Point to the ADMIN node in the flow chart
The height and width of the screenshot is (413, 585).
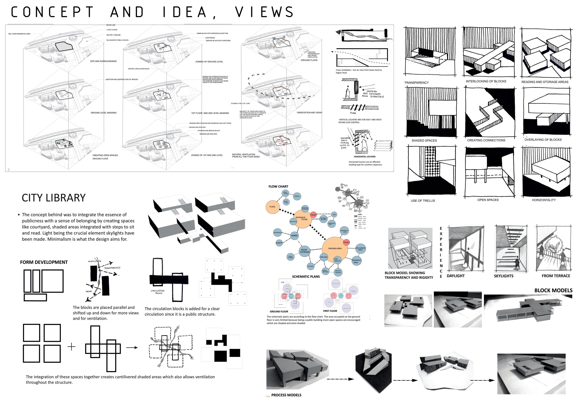point(294,236)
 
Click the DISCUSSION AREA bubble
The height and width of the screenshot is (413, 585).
point(360,249)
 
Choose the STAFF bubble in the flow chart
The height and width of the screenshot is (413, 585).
point(279,243)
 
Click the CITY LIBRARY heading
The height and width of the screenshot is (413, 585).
point(54,198)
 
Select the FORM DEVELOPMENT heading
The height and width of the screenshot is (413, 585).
point(44,262)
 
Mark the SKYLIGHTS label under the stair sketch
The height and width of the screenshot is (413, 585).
point(503,276)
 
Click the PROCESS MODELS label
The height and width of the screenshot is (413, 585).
point(286,395)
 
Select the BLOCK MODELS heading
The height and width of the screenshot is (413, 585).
point(553,291)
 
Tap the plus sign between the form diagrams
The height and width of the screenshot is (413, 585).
point(72,347)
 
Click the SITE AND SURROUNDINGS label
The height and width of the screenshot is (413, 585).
point(103,61)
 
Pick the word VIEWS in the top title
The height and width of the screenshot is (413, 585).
point(264,12)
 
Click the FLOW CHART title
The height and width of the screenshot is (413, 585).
point(278,186)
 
